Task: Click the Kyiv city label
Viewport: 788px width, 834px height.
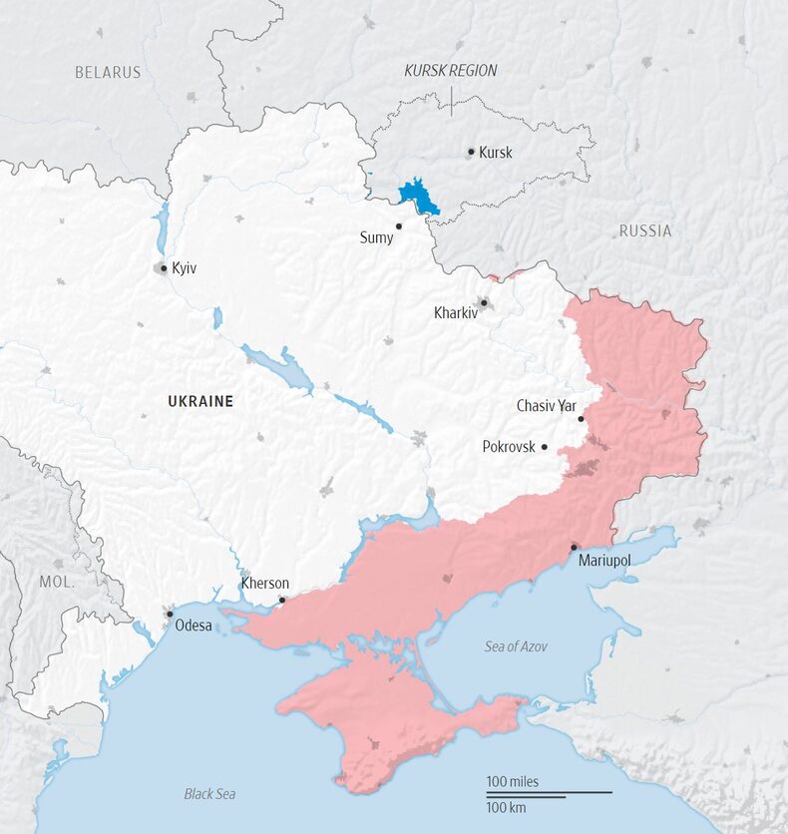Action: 184,268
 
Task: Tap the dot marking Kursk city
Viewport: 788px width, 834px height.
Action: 471,153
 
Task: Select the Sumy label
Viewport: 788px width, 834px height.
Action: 376,238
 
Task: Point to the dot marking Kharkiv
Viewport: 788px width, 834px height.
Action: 484,301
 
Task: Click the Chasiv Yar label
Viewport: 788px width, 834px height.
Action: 546,406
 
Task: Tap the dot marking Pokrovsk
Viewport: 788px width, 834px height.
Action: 545,447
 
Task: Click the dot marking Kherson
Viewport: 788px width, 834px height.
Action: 282,600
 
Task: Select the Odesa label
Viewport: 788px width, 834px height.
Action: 194,626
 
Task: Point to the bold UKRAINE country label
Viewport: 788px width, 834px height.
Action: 200,402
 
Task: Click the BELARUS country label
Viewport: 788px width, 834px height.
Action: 108,73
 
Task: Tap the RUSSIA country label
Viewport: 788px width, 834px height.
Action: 645,231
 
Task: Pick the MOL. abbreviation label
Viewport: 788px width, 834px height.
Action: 57,581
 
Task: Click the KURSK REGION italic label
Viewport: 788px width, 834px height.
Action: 450,71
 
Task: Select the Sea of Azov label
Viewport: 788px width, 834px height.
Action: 516,646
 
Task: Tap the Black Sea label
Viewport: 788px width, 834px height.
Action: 209,794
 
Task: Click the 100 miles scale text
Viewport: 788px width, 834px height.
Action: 512,781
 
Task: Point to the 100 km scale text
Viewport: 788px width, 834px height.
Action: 507,805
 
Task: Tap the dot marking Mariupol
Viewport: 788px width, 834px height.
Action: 574,547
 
